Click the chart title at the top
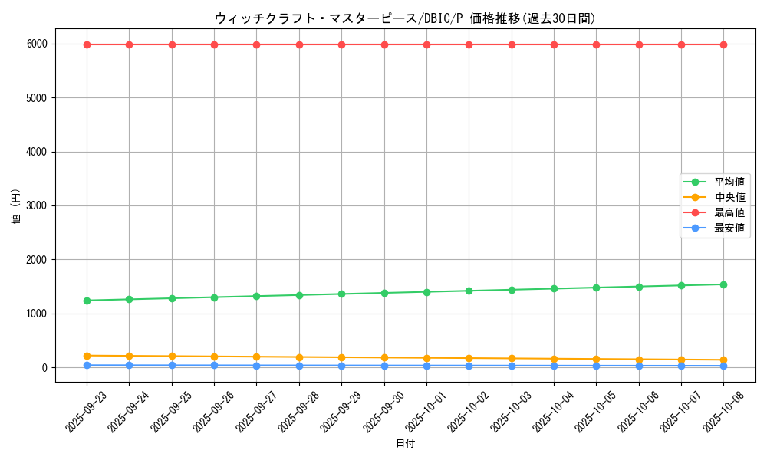tap(405, 18)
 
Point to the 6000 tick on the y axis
tap(37, 44)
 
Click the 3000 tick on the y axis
tap(37, 206)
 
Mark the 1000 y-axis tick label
tap(37, 314)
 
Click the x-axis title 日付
tap(405, 444)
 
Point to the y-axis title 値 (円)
tap(16, 206)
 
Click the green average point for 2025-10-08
tap(723, 284)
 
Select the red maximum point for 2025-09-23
tap(87, 44)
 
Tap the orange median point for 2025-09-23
tap(87, 356)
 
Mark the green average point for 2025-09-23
tap(87, 301)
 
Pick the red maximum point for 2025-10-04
tap(554, 44)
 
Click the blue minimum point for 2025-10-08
tap(723, 366)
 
